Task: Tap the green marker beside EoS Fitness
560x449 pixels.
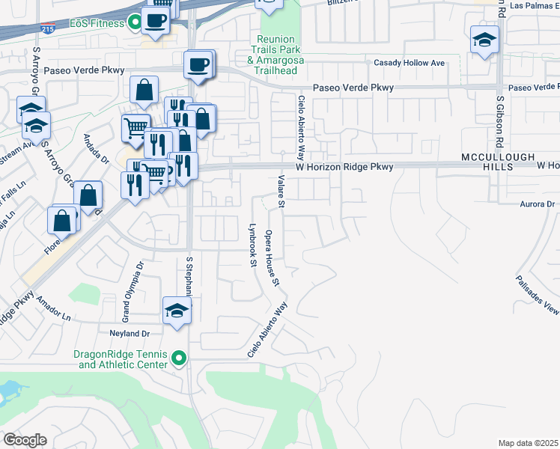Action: [135, 23]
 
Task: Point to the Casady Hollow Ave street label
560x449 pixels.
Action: [410, 63]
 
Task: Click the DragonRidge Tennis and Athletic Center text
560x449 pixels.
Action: [120, 359]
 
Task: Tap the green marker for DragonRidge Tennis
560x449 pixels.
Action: [178, 359]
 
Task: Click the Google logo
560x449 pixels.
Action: [25, 440]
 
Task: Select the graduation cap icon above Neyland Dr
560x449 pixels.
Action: [177, 311]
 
